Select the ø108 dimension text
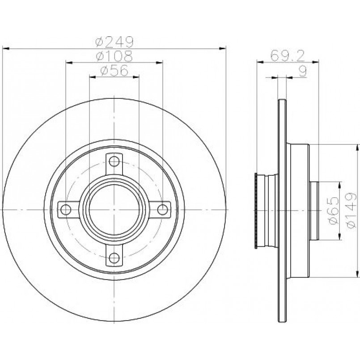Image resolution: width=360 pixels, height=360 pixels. pos(114,56)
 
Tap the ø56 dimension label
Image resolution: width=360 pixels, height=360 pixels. pos(114,71)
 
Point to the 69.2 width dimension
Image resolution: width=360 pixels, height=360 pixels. pos(288,56)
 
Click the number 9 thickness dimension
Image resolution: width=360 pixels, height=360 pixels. pos(303,71)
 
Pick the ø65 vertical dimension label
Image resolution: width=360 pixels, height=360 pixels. pos(334,210)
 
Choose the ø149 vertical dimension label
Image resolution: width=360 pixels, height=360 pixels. pos(352,210)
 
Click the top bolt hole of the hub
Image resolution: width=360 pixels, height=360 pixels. pos(114,161)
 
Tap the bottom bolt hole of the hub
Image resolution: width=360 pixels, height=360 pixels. pos(114,258)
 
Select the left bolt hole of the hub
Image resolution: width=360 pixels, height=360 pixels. pos(66,210)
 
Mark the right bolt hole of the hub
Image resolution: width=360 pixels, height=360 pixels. pos(162,210)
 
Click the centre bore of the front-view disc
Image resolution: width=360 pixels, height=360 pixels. pos(114,210)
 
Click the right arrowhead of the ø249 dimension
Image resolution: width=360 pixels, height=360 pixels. pos(223,49)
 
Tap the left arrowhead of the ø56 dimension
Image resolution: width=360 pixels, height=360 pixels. pos(93,77)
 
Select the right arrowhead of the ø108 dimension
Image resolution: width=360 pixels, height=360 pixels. pos(159,63)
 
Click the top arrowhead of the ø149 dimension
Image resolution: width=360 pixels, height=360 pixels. pos(357,148)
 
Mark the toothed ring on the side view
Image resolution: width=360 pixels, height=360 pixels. pos(256,211)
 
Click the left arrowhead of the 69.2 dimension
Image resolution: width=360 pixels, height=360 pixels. pos(260,62)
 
